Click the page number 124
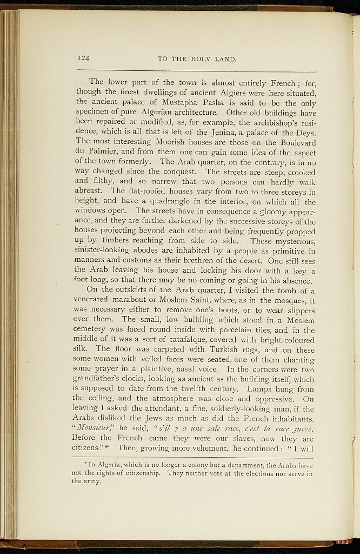point(83,58)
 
